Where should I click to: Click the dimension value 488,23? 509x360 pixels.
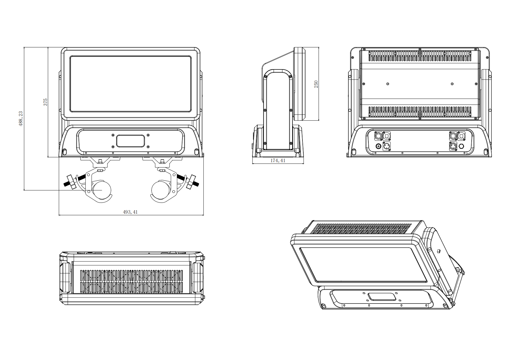[21, 119]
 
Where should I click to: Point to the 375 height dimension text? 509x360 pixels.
[45, 102]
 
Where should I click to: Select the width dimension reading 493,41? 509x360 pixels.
[130, 212]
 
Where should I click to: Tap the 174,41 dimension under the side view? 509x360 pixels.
[278, 161]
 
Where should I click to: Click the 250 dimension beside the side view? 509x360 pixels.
[316, 84]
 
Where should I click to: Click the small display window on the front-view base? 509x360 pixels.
[131, 141]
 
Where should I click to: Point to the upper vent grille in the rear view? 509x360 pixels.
[420, 56]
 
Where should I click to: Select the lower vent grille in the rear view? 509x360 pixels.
[420, 112]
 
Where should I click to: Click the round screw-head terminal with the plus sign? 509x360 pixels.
[378, 146]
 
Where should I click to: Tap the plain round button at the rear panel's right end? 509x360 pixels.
[462, 146]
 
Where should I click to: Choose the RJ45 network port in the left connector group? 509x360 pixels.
[387, 136]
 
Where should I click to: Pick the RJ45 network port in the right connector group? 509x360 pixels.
[461, 136]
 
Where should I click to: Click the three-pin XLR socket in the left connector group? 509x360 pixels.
[387, 146]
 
